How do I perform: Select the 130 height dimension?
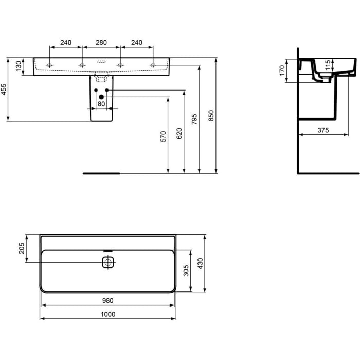(x=19, y=66)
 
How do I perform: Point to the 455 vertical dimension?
(x=4, y=89)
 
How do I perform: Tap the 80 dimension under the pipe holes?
(x=101, y=104)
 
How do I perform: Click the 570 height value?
(x=164, y=136)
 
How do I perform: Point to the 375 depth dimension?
(x=323, y=131)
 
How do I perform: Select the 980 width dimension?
(x=107, y=301)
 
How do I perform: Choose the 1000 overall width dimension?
(x=107, y=314)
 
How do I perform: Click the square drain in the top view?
(x=107, y=263)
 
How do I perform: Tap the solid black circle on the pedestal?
(x=101, y=97)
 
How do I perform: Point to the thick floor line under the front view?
(x=101, y=173)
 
